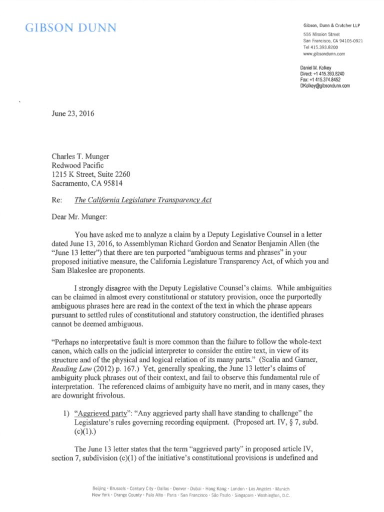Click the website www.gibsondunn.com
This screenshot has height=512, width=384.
pyautogui.click(x=324, y=53)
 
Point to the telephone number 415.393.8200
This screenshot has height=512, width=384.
pyautogui.click(x=326, y=46)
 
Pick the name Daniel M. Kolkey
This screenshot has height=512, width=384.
pyautogui.click(x=318, y=67)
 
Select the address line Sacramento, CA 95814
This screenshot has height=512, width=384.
pyautogui.click(x=87, y=183)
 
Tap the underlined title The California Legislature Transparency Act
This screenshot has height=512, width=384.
pyautogui.click(x=143, y=200)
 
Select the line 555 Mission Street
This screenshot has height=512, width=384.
pyautogui.click(x=321, y=33)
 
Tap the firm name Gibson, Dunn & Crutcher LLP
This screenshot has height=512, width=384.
pyautogui.click(x=331, y=25)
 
